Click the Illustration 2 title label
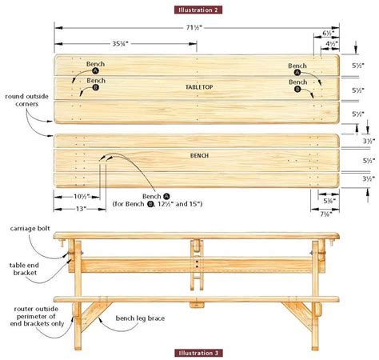[197, 10]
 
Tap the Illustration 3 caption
[197, 351]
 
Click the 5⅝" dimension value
[329, 201]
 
